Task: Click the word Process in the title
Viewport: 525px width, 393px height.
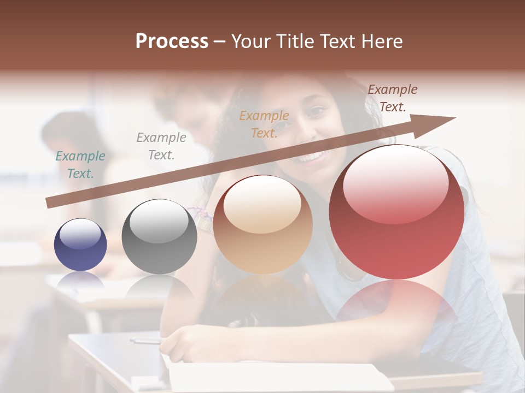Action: [x=172, y=41]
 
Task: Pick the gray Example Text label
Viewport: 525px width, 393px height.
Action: [x=161, y=146]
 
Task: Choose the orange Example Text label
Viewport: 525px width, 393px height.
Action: [x=264, y=124]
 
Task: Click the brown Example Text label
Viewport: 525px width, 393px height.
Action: [x=393, y=98]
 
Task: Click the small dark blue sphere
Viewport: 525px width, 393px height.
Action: [x=80, y=245]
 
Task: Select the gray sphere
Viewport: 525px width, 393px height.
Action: [x=159, y=236]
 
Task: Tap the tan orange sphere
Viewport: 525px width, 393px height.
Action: [x=262, y=224]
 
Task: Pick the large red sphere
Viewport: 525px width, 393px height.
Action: [x=396, y=212]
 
